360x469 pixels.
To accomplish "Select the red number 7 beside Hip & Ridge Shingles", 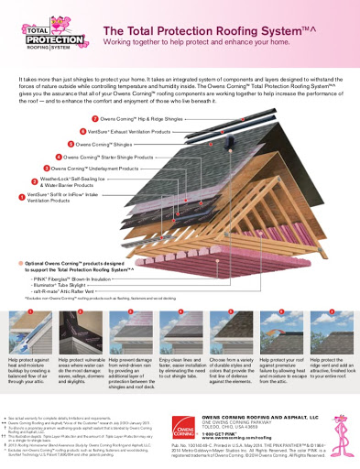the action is pos(95,119).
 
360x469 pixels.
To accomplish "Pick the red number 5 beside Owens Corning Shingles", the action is pos(70,145).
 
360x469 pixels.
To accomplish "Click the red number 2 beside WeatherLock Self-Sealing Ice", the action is pos(35,180).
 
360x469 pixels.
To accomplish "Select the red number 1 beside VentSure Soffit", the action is pos(22,196).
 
